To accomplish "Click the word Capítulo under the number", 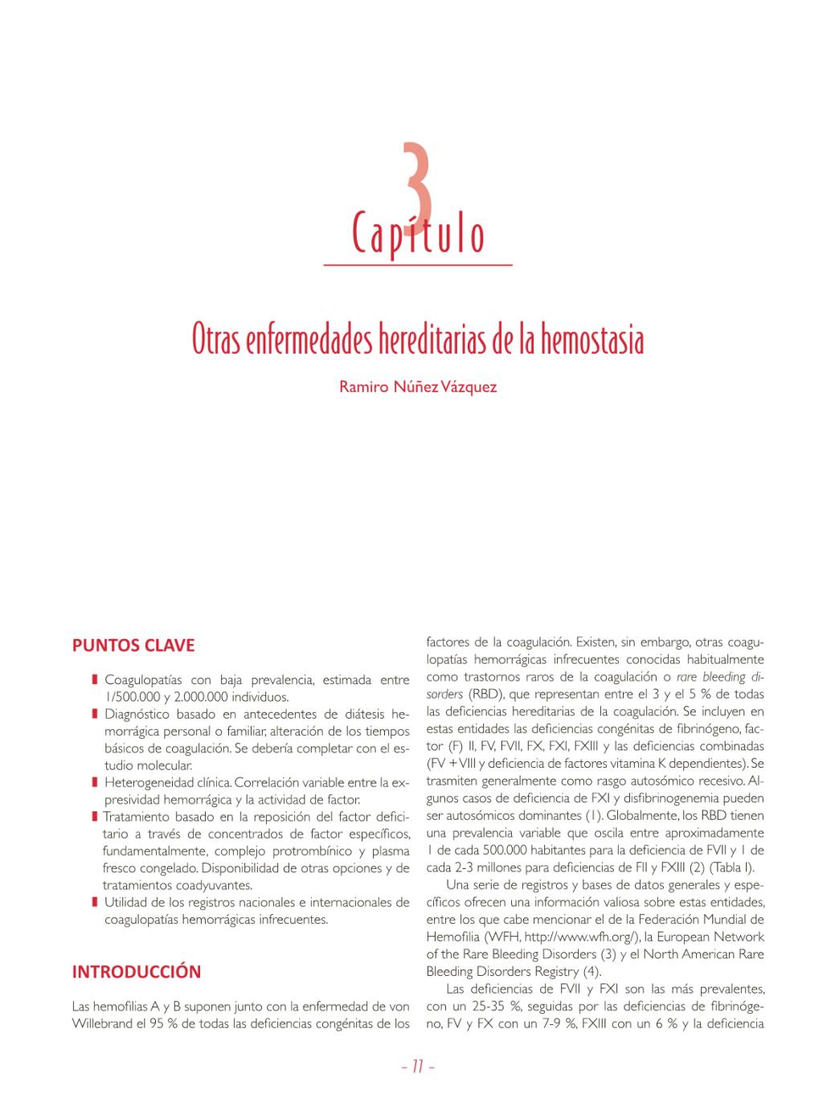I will [x=418, y=233].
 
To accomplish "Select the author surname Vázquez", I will [x=469, y=387].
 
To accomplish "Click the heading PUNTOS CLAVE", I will [x=133, y=646].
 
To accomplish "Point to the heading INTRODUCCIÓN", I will [x=137, y=971].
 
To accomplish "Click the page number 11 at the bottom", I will [x=417, y=1068].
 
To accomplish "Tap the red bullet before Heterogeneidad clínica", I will [x=95, y=782].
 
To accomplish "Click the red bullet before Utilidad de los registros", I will [x=95, y=903].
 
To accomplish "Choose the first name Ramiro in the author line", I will [x=362, y=387].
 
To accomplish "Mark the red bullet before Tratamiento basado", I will [x=95, y=817].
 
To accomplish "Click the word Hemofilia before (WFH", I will [x=453, y=937].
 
